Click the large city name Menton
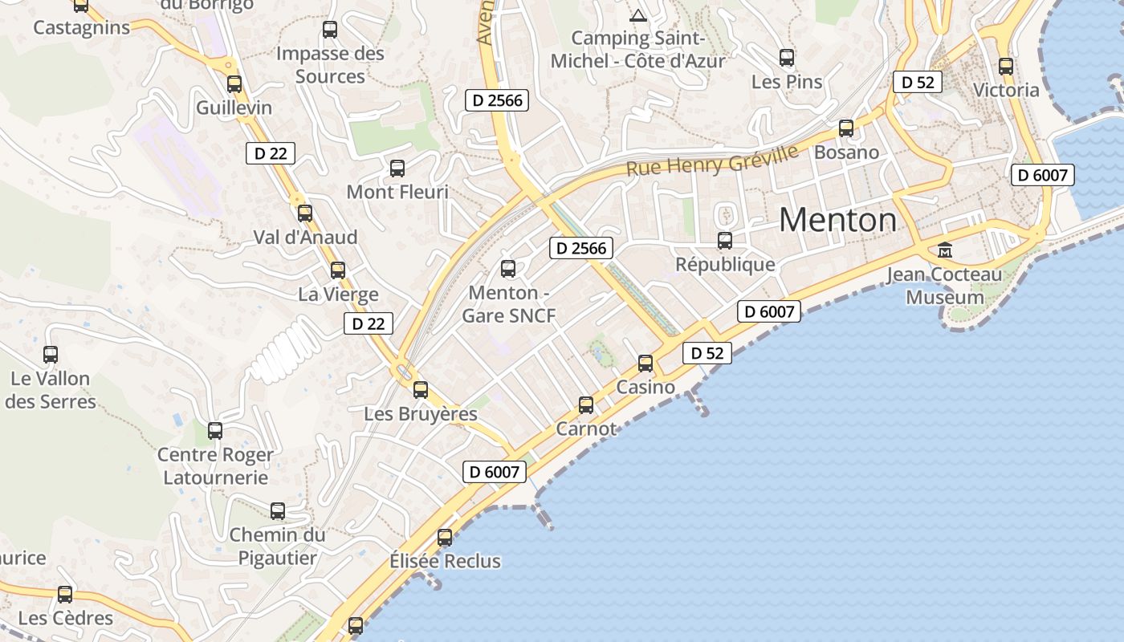(x=837, y=220)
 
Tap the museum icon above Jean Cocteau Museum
(x=945, y=250)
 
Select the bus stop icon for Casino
(x=645, y=364)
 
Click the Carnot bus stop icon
(x=586, y=405)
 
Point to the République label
(x=725, y=264)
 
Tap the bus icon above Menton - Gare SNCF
(x=508, y=269)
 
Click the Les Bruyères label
(x=421, y=414)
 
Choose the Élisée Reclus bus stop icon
(x=445, y=538)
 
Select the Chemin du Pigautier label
(x=277, y=546)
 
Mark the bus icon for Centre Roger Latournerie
(x=215, y=431)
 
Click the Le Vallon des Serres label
(x=50, y=389)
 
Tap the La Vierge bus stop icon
(x=338, y=270)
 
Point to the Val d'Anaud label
(x=305, y=238)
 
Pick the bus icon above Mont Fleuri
(x=397, y=169)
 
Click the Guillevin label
(x=234, y=108)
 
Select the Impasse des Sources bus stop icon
(x=330, y=30)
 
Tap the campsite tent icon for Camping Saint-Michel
(x=638, y=14)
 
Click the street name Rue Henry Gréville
(x=712, y=160)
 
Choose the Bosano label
(x=846, y=152)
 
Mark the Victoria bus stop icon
(x=1006, y=67)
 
